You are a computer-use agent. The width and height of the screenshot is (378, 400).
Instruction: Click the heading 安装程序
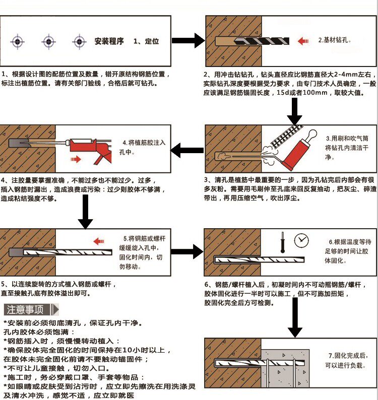click(109, 41)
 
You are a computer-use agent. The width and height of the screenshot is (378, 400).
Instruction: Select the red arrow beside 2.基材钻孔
click(303, 40)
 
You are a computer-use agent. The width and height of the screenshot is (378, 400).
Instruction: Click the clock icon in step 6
click(302, 239)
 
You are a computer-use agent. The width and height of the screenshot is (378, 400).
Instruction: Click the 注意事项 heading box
click(28, 309)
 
